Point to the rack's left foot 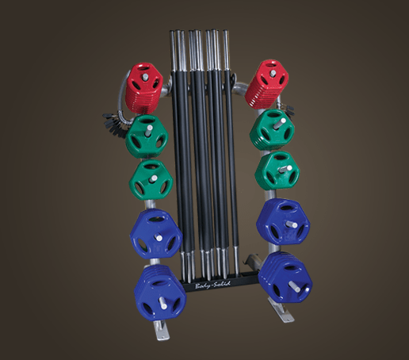155,330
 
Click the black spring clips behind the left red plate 112,118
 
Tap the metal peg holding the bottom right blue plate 298,285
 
